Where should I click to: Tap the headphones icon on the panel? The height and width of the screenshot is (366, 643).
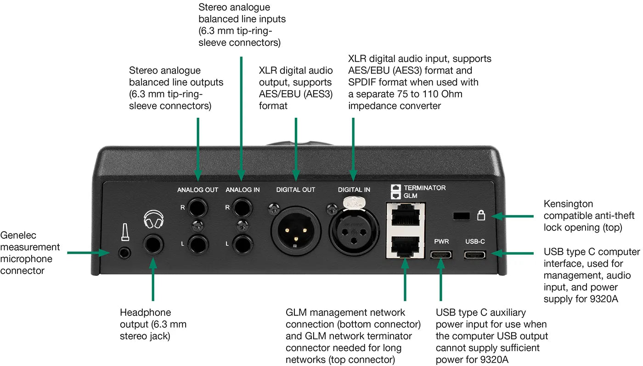153,220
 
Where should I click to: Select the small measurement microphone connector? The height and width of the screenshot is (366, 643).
123,252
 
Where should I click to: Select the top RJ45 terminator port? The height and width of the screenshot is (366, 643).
405,215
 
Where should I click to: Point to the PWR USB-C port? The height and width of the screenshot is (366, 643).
440,255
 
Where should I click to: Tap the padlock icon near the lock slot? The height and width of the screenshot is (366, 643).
481,215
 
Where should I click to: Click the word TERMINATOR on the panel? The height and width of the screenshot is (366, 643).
424,188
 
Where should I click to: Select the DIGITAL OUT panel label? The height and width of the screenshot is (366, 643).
295,189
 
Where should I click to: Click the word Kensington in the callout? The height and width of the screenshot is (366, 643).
568,204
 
